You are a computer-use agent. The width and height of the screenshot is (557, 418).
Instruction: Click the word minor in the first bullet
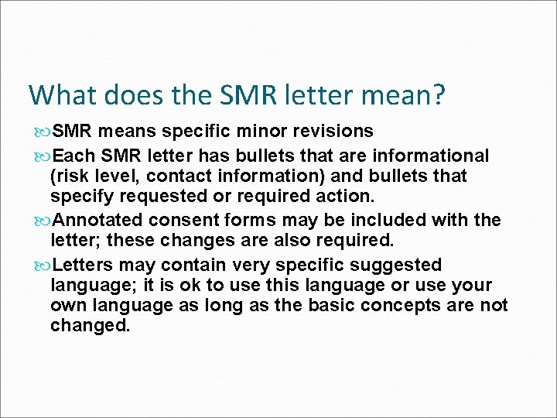coord(268,132)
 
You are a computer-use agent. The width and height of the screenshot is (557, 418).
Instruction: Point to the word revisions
coord(337,132)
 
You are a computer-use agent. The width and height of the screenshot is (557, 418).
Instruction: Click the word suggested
coord(399,265)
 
